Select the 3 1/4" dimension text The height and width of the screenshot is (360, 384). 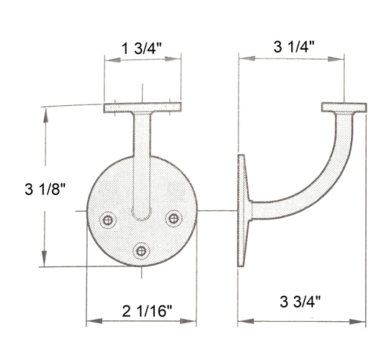298,48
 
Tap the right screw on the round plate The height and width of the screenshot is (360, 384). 173,217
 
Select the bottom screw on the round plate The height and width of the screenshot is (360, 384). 141,250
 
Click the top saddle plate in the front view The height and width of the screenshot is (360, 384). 141,108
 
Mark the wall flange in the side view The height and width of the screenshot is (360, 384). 243,210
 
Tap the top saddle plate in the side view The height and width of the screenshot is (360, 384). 344,108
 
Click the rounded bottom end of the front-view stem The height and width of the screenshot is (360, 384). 142,214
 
